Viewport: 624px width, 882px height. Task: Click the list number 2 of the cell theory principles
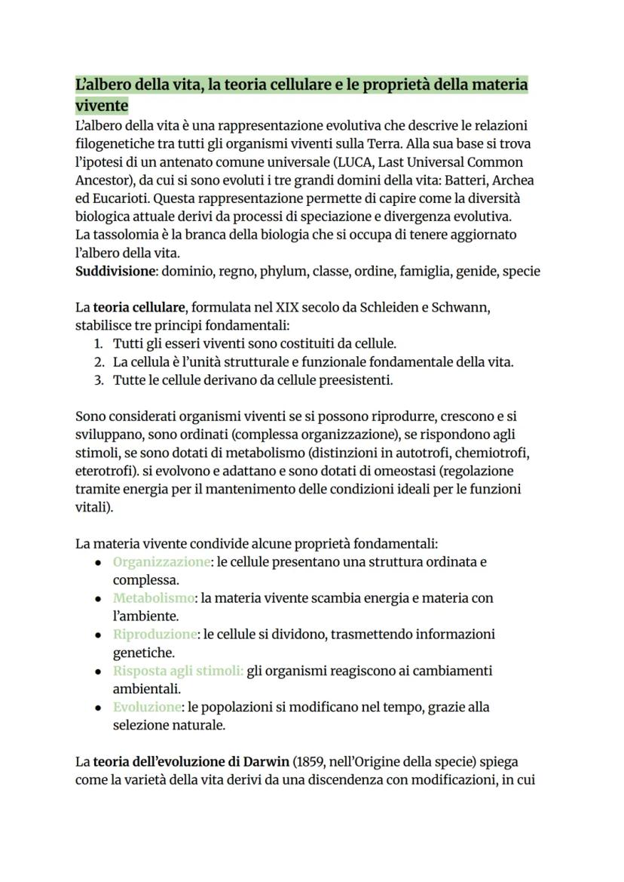pyautogui.click(x=99, y=362)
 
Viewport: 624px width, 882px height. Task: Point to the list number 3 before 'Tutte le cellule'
pyautogui.click(x=99, y=380)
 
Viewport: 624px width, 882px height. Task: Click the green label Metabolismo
pyautogui.click(x=154, y=598)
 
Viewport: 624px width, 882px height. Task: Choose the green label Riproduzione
pyautogui.click(x=155, y=635)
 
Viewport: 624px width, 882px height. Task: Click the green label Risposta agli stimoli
pyautogui.click(x=178, y=671)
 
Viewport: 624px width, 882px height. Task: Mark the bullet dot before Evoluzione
pyautogui.click(x=99, y=708)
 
